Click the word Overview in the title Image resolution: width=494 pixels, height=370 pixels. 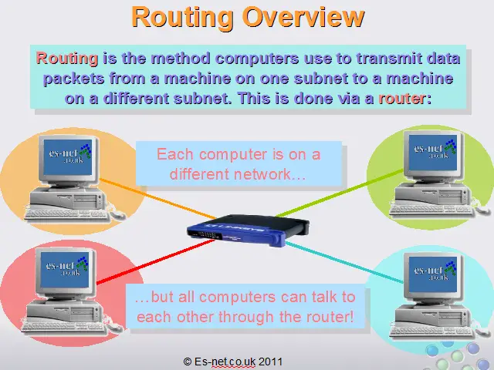(303, 17)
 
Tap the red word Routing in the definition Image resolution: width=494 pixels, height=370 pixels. (67, 59)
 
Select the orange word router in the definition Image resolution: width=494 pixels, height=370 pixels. (402, 99)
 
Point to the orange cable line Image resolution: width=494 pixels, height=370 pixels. (157, 199)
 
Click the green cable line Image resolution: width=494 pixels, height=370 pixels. (340, 193)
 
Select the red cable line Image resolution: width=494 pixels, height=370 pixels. (156, 261)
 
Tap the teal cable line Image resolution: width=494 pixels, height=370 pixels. (344, 262)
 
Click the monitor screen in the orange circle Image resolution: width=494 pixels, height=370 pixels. (68, 157)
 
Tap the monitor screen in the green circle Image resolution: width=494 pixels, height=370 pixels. (432, 153)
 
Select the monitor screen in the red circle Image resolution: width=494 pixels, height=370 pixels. (65, 270)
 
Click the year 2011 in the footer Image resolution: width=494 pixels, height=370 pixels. (270, 362)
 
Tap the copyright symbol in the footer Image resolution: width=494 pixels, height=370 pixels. (188, 362)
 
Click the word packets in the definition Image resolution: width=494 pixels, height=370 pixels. (74, 79)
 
